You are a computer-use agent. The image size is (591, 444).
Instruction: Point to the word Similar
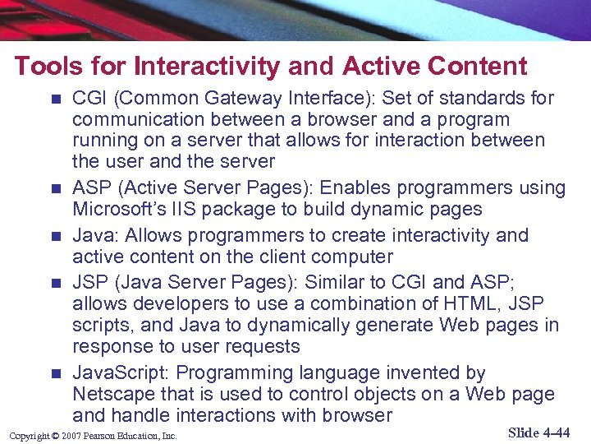(x=336, y=282)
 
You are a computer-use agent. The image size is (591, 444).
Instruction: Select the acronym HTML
(x=461, y=303)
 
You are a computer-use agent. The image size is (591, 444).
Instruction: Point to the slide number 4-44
(x=554, y=432)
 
